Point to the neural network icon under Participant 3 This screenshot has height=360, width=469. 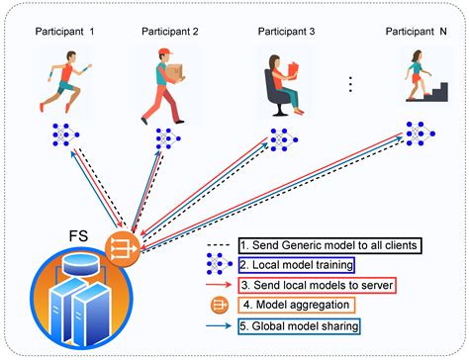tap(280, 137)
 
